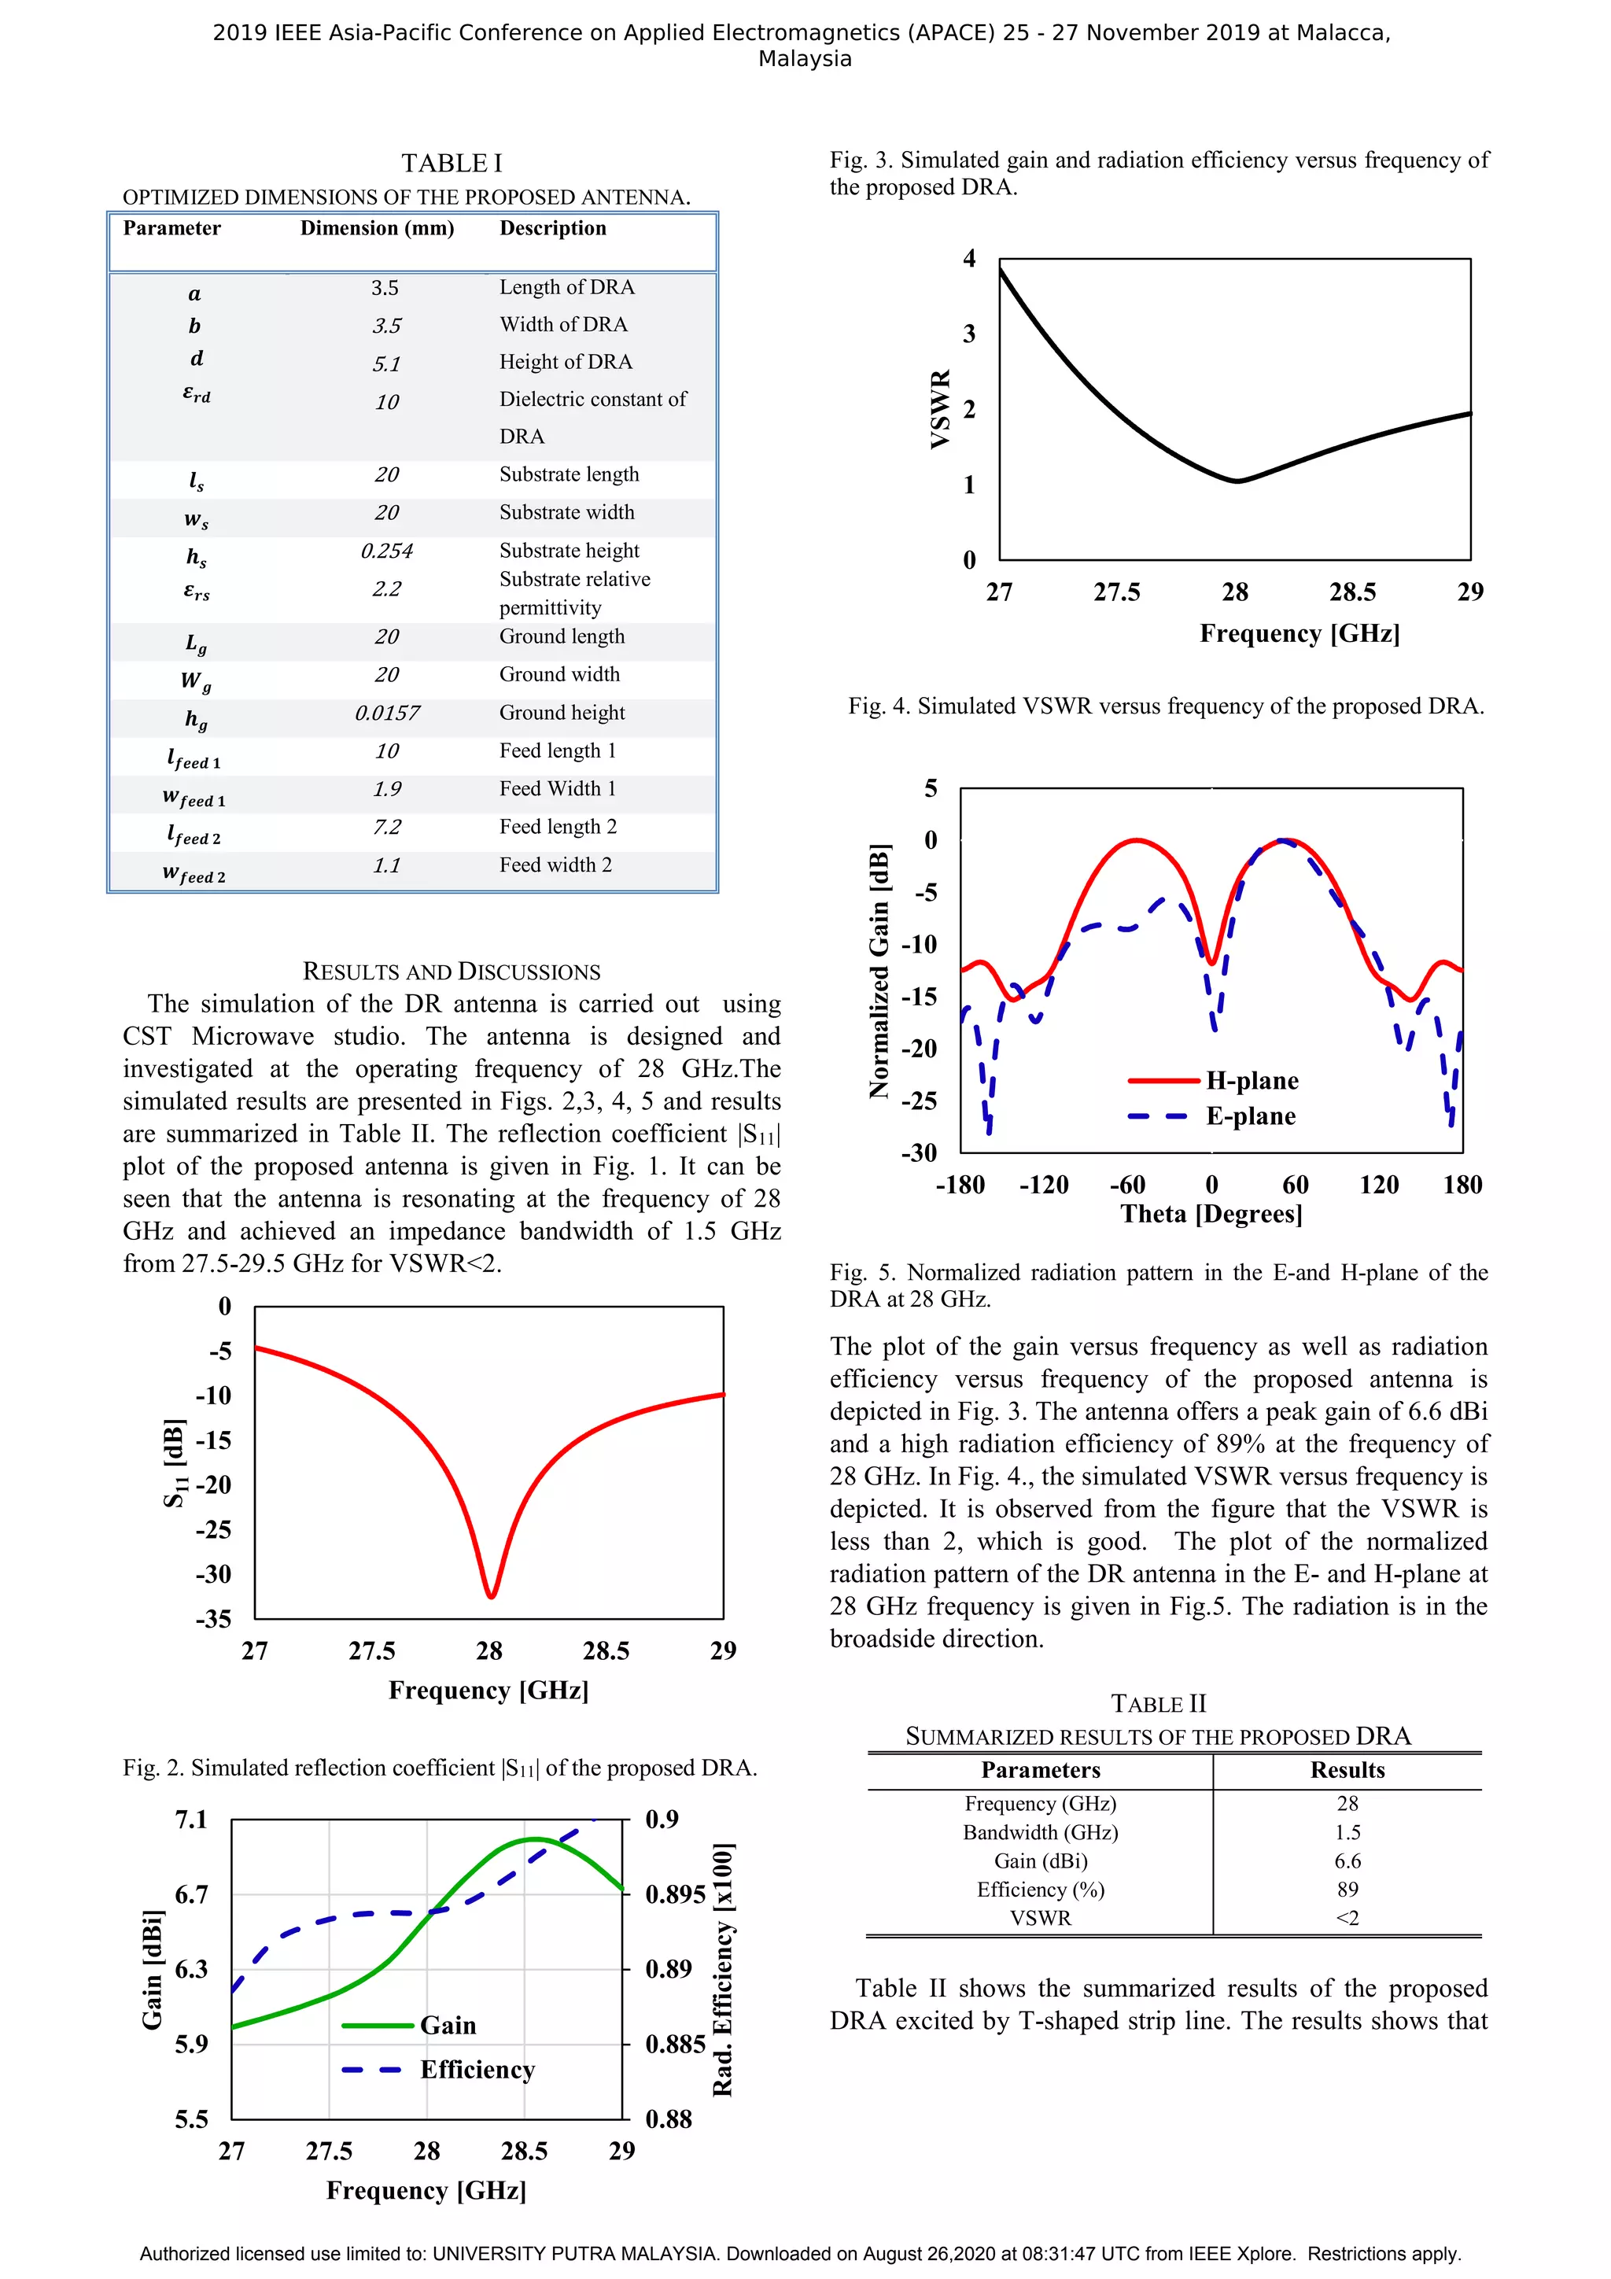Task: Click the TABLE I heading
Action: [x=452, y=163]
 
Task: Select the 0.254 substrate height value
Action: [x=386, y=551]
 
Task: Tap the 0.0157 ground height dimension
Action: [x=386, y=713]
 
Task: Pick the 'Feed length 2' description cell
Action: [x=558, y=827]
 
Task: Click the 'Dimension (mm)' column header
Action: [x=378, y=228]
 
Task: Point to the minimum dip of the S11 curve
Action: [x=490, y=1595]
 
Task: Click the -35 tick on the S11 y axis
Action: [x=213, y=1619]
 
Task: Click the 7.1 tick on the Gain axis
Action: [x=192, y=1820]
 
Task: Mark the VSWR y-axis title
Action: [x=940, y=409]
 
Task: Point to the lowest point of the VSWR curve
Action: [x=1237, y=481]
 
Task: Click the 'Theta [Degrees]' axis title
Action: [x=1211, y=1214]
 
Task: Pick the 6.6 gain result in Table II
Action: [x=1347, y=1861]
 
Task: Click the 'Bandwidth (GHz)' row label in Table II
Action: [x=1040, y=1832]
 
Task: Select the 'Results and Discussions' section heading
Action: [x=452, y=971]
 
